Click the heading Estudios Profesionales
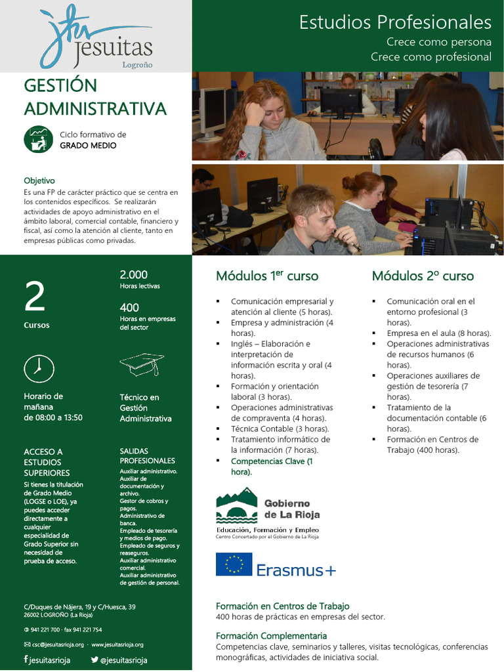(395, 22)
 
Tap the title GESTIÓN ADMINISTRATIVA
(95, 97)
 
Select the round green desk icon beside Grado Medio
(38, 139)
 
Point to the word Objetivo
(39, 180)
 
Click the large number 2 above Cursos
(35, 297)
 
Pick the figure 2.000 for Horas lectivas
(133, 275)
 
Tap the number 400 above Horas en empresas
(129, 308)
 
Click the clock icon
(39, 368)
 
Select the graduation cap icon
(142, 364)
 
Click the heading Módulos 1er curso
(266, 276)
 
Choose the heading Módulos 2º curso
(423, 276)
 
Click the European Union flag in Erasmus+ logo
(234, 564)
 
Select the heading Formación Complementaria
(271, 636)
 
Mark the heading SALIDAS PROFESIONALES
(147, 455)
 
